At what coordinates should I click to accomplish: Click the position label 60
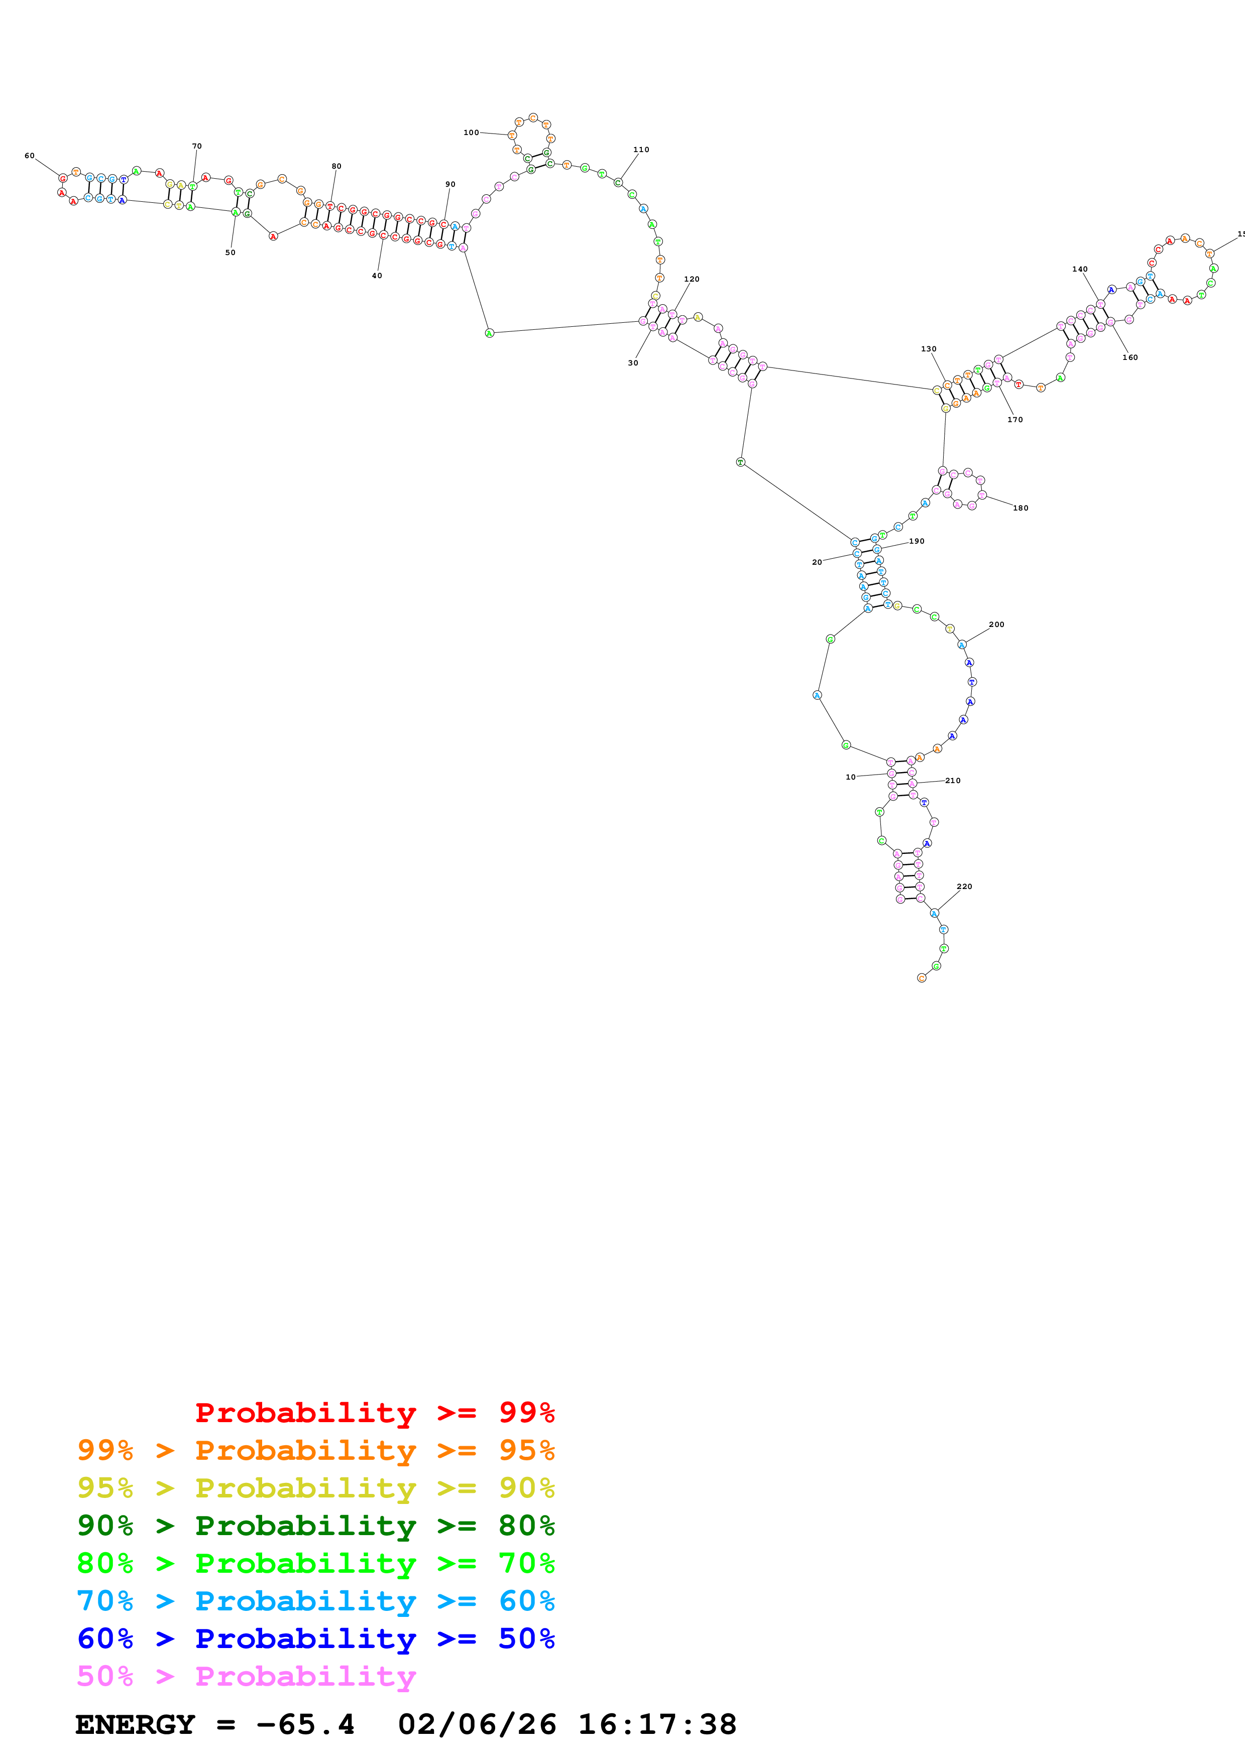(x=29, y=156)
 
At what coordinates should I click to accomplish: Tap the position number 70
(x=196, y=146)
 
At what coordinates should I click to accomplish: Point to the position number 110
(x=640, y=150)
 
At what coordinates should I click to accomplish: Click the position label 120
(x=691, y=279)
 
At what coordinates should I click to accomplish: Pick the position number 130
(x=928, y=349)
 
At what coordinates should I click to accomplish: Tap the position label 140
(x=1079, y=269)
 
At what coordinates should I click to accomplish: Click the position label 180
(x=1020, y=508)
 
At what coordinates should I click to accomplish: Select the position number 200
(x=996, y=624)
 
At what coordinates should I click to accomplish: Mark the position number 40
(x=377, y=276)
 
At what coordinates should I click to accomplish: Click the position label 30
(x=633, y=363)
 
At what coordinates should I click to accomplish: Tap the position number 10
(x=850, y=777)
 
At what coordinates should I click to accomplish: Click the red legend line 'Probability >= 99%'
(x=374, y=1412)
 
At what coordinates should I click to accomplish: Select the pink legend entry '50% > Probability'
(x=246, y=1676)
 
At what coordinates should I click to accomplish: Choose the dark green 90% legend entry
(x=315, y=1526)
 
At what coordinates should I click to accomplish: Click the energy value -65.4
(x=305, y=1725)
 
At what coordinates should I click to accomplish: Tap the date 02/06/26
(x=477, y=1725)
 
